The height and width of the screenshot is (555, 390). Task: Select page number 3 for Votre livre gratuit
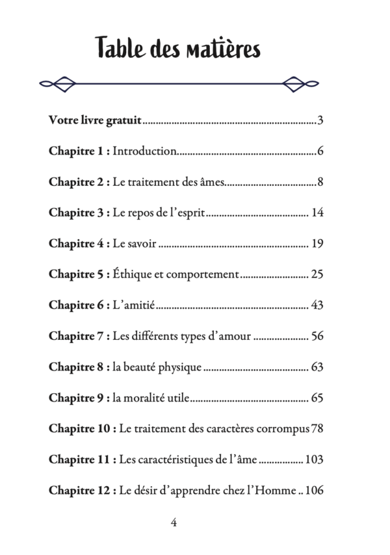320,121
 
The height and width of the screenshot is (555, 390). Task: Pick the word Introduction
144,151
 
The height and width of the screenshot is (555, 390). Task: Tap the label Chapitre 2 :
79,182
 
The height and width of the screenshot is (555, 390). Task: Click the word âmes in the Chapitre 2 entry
211,182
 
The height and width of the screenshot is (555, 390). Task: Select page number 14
317,213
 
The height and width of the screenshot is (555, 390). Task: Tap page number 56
317,336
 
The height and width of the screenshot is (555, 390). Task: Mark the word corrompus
282,428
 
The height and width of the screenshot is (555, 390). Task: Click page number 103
314,459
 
